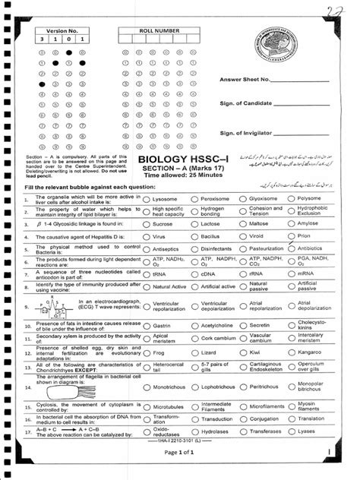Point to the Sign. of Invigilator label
(x=248, y=132)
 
